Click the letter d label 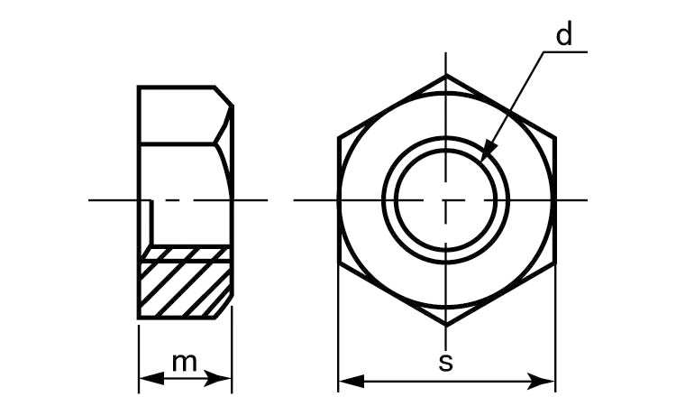coord(564,34)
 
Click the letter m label coord(185,363)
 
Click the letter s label coord(446,363)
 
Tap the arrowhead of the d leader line coord(487,151)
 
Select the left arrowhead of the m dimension coord(151,379)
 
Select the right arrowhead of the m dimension coord(218,379)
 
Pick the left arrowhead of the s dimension coord(352,381)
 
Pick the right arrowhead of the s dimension coord(542,381)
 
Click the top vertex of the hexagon coord(446,75)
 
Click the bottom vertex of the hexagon coord(446,325)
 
